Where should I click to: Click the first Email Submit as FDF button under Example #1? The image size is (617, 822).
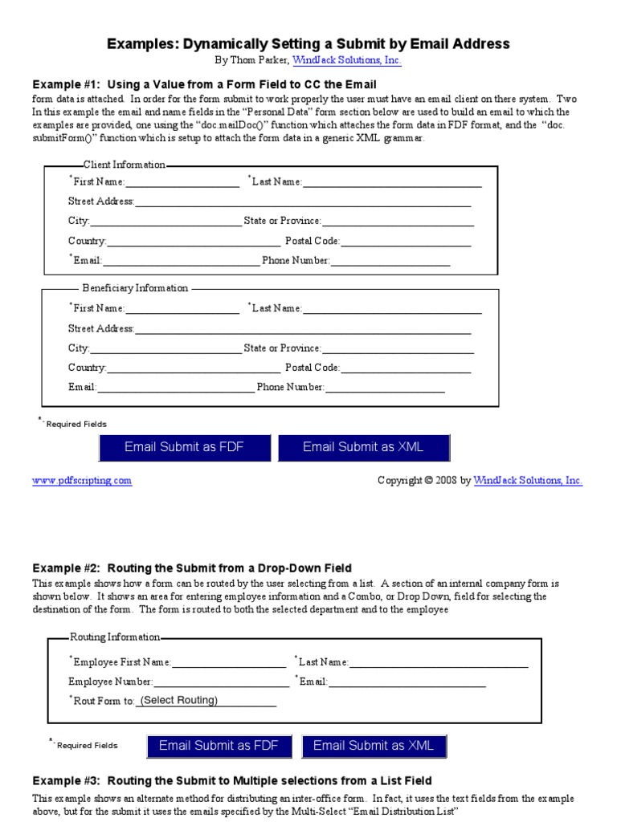184,448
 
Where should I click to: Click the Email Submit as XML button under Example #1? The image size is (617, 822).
363,448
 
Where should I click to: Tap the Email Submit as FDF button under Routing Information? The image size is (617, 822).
219,746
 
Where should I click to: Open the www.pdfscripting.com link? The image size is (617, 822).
81,481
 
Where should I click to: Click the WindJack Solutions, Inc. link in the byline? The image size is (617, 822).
335,60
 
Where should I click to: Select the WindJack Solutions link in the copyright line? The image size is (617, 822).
528,481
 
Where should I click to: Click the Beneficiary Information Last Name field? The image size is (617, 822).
392,308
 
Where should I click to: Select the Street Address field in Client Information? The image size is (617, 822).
303,201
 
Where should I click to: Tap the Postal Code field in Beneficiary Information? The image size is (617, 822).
406,368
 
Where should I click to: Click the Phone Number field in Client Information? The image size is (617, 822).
390,261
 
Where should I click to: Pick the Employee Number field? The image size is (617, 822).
221,682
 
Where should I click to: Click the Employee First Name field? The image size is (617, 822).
228,662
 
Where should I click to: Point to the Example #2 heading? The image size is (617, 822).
192,568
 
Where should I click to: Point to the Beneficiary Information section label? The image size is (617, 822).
135,288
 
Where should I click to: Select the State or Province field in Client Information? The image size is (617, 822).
398,221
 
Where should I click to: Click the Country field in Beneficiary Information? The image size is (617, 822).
193,368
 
